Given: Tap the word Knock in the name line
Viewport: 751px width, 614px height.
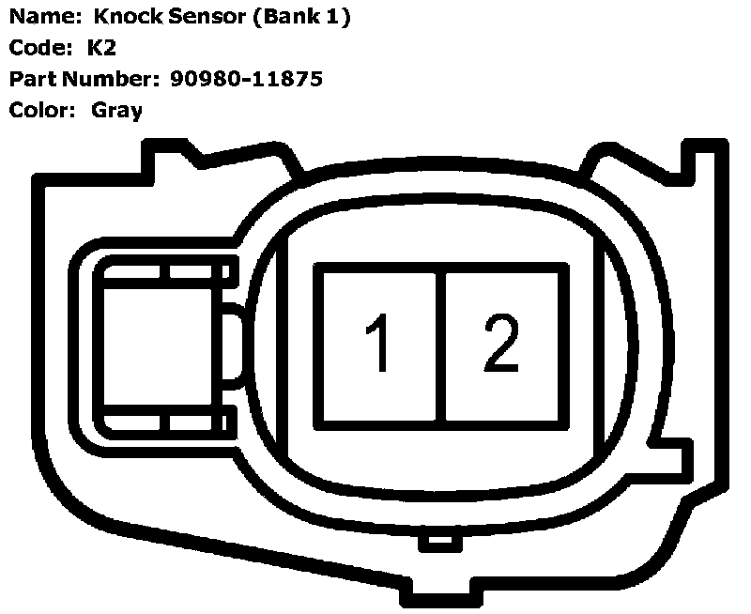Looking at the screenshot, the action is click(x=127, y=18).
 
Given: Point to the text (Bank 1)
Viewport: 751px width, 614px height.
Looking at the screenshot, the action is click(x=301, y=18).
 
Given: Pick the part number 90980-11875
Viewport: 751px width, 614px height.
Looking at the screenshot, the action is click(x=247, y=79).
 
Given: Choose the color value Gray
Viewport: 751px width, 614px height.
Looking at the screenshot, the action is click(x=117, y=111).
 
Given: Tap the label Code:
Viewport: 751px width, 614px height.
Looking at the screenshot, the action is click(x=39, y=48).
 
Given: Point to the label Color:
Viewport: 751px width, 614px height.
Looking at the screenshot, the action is click(x=41, y=111).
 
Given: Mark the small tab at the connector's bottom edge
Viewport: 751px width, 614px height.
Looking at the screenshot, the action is click(x=437, y=542).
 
